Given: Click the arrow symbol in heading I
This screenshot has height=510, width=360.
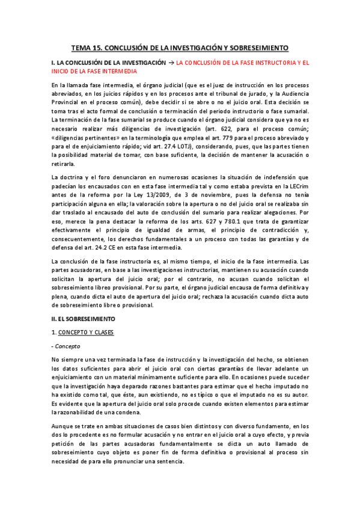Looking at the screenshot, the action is pos(171,63).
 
